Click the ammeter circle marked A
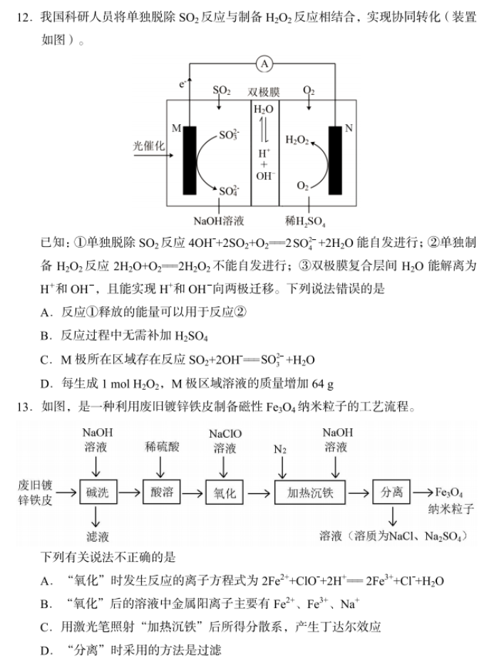click(264, 64)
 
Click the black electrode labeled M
click(190, 160)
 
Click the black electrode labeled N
click(335, 160)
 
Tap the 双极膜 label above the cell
click(264, 92)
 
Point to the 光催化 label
click(148, 146)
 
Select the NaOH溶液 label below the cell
click(219, 221)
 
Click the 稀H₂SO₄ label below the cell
click(305, 221)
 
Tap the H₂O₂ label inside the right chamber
click(297, 140)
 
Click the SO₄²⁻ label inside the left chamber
click(229, 191)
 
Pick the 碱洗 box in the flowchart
click(98, 492)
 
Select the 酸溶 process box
click(162, 492)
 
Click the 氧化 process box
click(225, 493)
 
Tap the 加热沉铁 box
click(310, 493)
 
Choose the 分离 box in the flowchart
click(391, 492)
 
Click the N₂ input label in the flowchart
click(280, 449)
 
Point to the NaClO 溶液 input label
click(225, 440)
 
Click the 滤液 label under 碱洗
click(98, 537)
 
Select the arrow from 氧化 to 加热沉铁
click(259, 493)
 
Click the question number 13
click(24, 407)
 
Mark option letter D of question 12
click(45, 384)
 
